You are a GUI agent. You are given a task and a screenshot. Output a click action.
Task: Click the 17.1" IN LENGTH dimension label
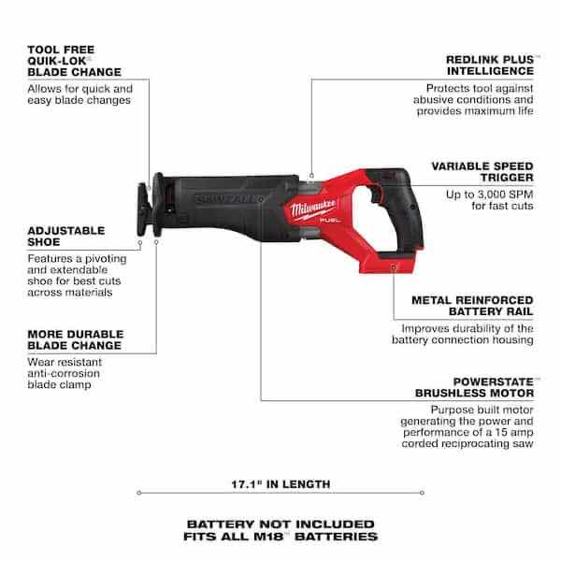point(280,486)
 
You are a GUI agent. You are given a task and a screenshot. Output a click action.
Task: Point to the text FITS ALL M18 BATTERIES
point(280,538)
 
